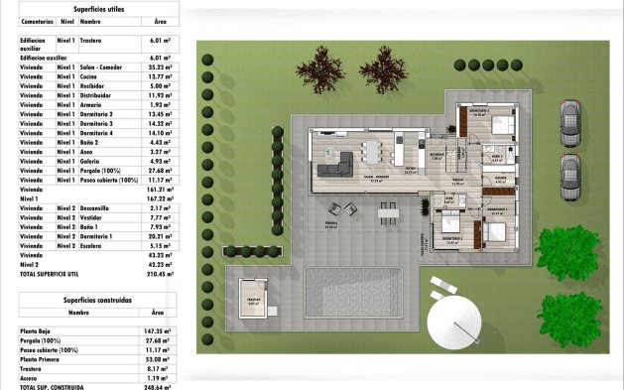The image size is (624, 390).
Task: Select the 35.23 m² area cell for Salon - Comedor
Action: point(160,67)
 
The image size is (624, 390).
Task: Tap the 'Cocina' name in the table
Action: point(90,76)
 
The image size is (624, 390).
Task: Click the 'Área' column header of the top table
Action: point(160,20)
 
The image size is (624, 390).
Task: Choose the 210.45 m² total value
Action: point(160,273)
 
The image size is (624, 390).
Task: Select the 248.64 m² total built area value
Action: point(157,387)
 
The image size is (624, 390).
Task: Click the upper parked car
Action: point(568,121)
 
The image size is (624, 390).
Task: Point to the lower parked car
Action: point(568,173)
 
